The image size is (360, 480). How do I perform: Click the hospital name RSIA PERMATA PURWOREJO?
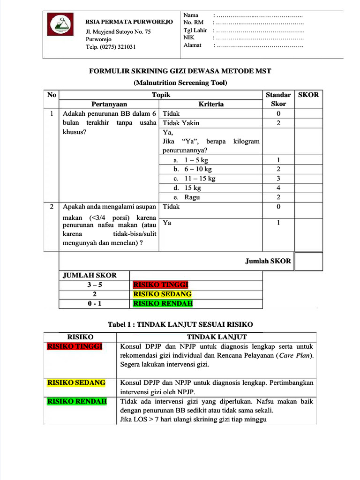[129, 22]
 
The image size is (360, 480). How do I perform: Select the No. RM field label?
[194, 22]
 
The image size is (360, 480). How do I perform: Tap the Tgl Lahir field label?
[195, 30]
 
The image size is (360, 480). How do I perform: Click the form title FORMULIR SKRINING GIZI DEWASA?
[180, 71]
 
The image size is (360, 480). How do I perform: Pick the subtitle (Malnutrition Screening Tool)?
[180, 83]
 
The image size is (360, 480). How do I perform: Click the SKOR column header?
[308, 95]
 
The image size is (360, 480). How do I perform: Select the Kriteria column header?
[210, 104]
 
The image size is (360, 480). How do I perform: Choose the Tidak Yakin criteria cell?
[181, 123]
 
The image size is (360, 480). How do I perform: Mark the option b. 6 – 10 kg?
[192, 169]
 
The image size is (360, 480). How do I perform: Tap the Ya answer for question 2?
[167, 223]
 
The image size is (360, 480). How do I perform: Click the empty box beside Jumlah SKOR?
[308, 262]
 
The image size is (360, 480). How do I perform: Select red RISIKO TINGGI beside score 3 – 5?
[160, 285]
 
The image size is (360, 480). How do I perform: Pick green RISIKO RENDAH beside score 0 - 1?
[163, 304]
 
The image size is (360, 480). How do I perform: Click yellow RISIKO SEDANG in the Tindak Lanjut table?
[76, 382]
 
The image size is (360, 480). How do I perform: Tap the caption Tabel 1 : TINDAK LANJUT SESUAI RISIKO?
[180, 324]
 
